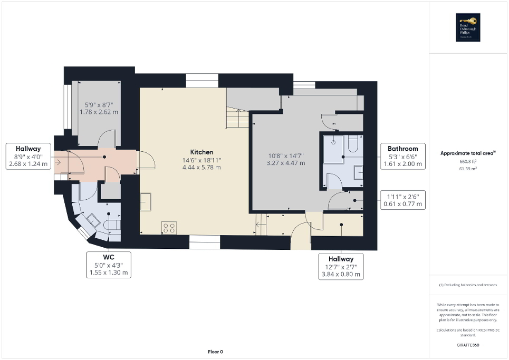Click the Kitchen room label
point(202,152)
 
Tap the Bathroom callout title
point(402,149)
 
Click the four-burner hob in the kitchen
point(169,228)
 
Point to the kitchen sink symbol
point(146,201)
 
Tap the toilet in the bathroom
point(353,143)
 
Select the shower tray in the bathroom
point(333,145)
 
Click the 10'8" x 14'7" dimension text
point(286,155)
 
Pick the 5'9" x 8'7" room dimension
point(99,105)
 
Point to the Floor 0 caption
point(215,352)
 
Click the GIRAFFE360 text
point(468,345)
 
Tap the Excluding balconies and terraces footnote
point(468,285)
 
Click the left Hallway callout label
point(28,149)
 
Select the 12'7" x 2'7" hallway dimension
point(341,267)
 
